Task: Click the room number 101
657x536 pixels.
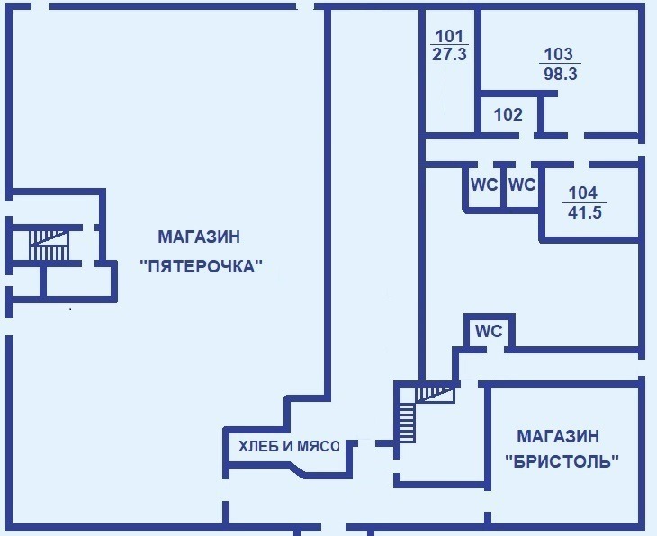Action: click(x=449, y=37)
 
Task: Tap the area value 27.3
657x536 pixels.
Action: click(x=449, y=55)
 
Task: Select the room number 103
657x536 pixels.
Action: click(x=559, y=55)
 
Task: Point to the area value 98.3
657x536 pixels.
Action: click(x=561, y=74)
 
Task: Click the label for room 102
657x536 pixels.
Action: click(x=508, y=114)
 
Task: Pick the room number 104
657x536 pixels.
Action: click(x=583, y=193)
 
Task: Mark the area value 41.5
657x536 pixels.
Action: click(x=585, y=212)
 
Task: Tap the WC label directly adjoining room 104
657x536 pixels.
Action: click(x=522, y=184)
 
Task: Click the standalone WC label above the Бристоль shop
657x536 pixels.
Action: click(x=489, y=331)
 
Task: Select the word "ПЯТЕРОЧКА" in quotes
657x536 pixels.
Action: click(x=201, y=266)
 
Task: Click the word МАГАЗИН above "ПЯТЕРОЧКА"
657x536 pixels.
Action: click(x=199, y=237)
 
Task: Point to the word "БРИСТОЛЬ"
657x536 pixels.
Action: click(x=562, y=461)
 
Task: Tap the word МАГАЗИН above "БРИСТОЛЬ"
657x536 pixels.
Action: click(x=558, y=436)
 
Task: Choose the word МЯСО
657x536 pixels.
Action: click(x=318, y=447)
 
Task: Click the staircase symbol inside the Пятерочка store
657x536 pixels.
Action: click(x=49, y=245)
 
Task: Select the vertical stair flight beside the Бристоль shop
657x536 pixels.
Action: click(x=407, y=420)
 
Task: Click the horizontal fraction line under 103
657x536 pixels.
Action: click(x=560, y=64)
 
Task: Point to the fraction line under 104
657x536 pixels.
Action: click(x=584, y=202)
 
